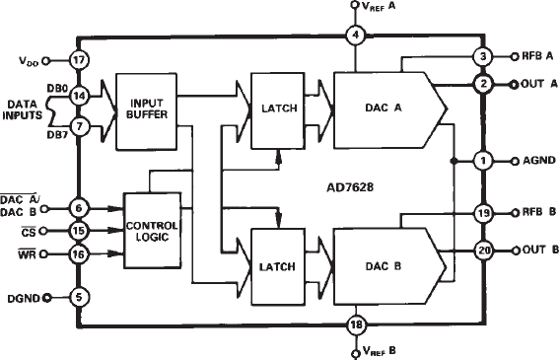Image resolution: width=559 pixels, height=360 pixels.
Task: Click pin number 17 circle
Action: (80, 60)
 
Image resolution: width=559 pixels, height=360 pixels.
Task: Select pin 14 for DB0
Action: (80, 96)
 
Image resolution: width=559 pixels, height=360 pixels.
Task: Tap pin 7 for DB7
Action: (80, 127)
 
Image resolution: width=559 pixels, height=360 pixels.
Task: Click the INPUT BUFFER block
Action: (145, 109)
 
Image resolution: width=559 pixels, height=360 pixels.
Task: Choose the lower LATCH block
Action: (277, 267)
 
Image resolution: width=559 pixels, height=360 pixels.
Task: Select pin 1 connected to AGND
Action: (482, 160)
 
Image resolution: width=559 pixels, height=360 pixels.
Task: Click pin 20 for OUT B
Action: (482, 250)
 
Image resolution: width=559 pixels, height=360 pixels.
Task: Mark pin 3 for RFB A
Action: (482, 56)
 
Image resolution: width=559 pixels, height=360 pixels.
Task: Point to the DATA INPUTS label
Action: (27, 109)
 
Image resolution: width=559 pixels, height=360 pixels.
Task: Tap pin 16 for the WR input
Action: (80, 253)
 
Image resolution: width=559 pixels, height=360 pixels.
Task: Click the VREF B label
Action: (381, 350)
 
